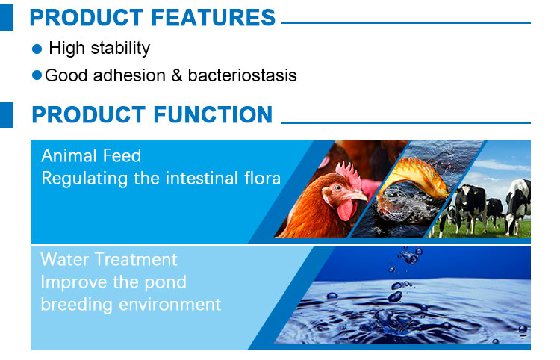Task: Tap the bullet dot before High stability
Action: (37, 49)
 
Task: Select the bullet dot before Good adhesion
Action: (37, 76)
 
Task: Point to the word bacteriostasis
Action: (243, 75)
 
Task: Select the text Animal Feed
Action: (91, 156)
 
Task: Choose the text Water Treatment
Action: (109, 260)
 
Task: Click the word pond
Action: (165, 282)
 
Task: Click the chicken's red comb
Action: (346, 173)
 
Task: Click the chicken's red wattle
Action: (346, 210)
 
